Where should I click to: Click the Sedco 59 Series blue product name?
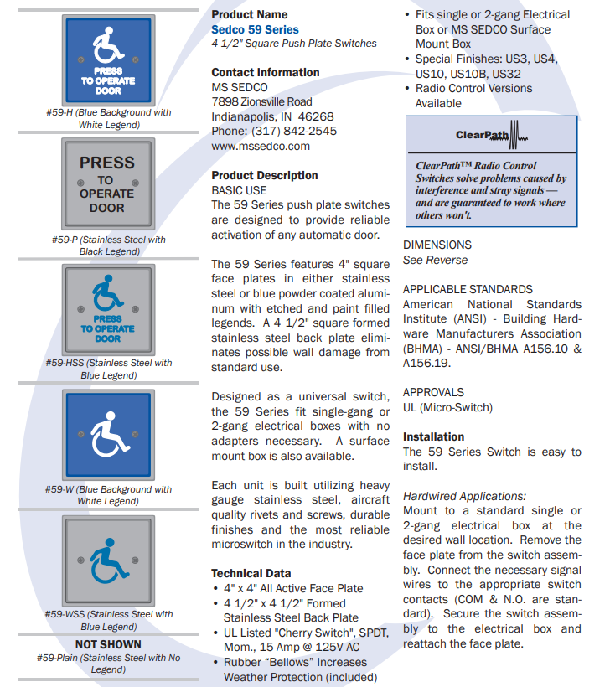click(x=255, y=29)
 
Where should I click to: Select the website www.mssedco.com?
click(x=261, y=146)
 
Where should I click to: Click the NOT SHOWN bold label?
click(x=108, y=644)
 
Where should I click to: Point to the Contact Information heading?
click(x=265, y=73)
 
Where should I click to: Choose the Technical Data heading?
click(x=251, y=574)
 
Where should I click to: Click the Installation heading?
click(x=433, y=436)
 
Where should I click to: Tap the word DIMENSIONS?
click(x=437, y=245)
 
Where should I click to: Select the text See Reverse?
click(x=435, y=260)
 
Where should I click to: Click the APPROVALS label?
click(x=433, y=392)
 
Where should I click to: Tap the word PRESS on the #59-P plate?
click(x=107, y=163)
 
